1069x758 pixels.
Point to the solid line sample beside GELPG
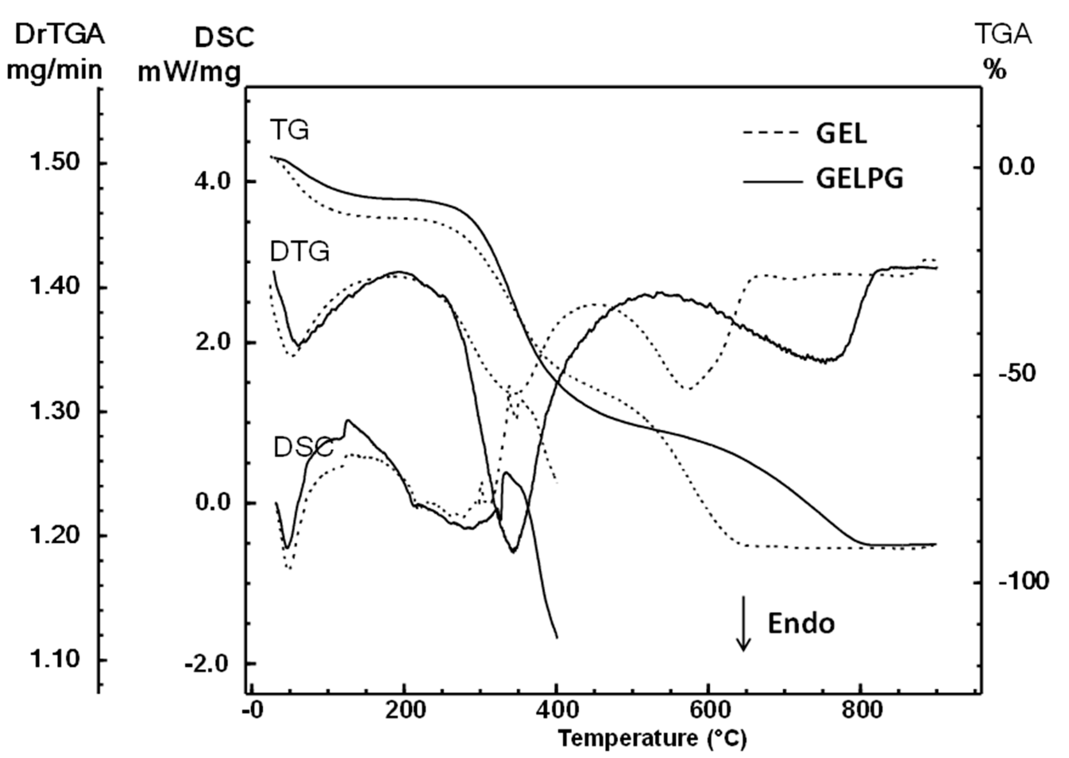pos(773,181)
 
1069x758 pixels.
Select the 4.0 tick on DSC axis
pos(213,181)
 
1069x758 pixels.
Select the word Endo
pos(801,624)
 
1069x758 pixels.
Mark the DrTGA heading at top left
pos(60,35)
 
